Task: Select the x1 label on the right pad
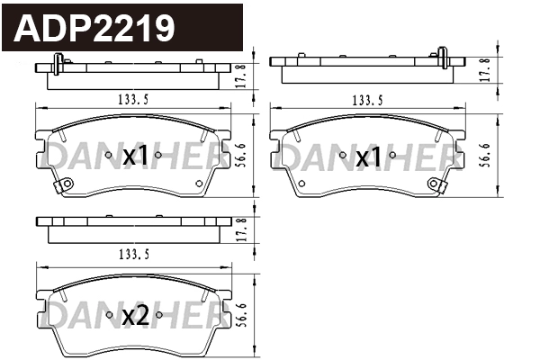click(x=368, y=158)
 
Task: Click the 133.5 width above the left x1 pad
click(x=131, y=98)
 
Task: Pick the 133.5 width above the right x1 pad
click(x=365, y=98)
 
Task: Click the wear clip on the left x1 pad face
click(x=63, y=186)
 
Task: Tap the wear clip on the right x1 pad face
click(x=436, y=186)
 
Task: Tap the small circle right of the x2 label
click(x=158, y=315)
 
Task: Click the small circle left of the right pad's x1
click(x=343, y=156)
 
